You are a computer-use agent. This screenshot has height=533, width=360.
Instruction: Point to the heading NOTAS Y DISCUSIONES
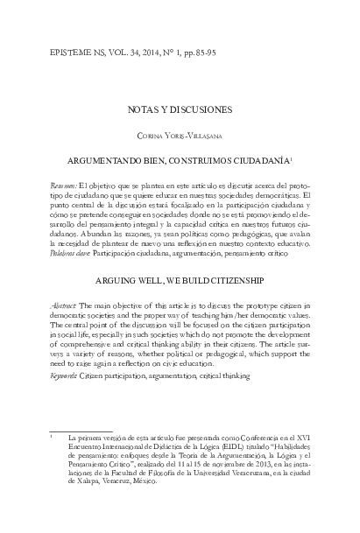click(x=180, y=109)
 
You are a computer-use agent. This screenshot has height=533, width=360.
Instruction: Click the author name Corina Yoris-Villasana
click(x=180, y=136)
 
